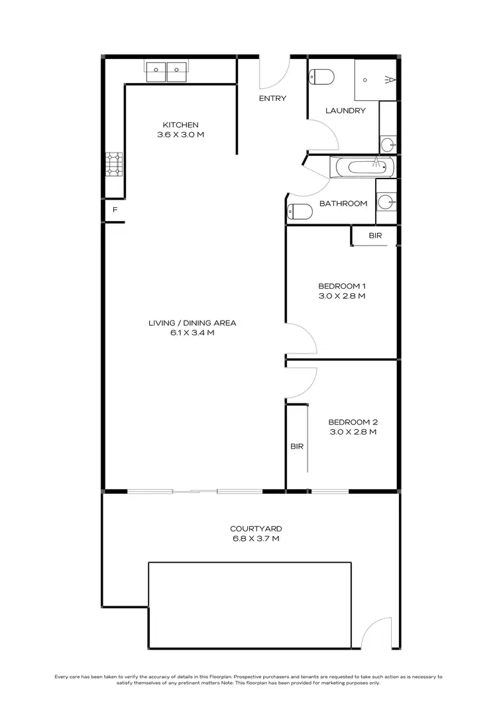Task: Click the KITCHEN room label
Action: coord(181,125)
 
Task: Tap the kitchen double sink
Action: coord(167,70)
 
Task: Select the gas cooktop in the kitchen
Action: coord(114,165)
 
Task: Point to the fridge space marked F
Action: coord(115,210)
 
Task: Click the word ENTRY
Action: coord(272,98)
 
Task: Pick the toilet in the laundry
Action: coord(321,77)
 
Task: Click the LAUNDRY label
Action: coord(345,111)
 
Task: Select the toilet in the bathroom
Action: coord(300,212)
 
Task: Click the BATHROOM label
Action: coord(343,203)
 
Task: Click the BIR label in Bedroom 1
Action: coord(376,236)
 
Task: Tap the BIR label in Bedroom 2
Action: coord(296,447)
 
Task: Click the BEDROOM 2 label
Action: coord(353,421)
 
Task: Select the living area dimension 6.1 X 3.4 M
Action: coord(192,333)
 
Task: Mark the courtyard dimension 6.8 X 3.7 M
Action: coord(256,539)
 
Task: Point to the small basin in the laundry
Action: coord(388,143)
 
